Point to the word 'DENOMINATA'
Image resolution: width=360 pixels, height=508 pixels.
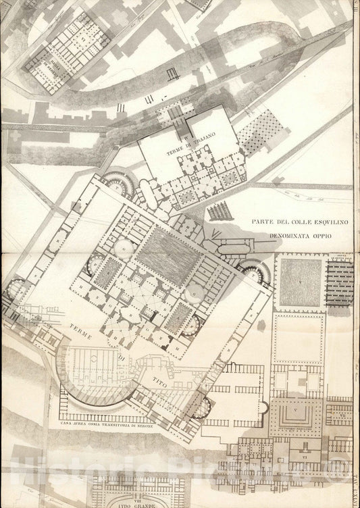(286, 236)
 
